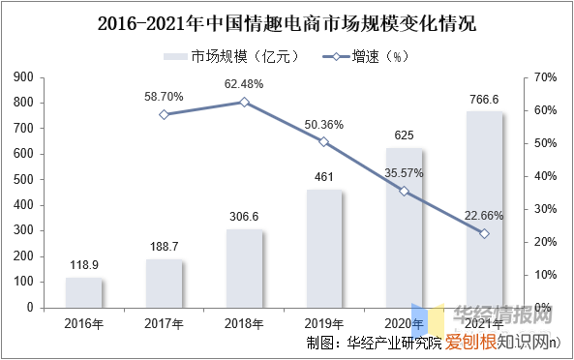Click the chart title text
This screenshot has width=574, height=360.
tap(287, 20)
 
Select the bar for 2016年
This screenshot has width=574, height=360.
tap(84, 292)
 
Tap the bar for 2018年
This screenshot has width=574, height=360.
tap(245, 268)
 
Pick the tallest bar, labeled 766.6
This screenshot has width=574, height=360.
tap(484, 209)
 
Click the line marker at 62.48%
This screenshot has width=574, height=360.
tap(245, 102)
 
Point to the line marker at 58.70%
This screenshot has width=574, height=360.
tap(165, 114)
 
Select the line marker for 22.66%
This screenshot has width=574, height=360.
tap(484, 233)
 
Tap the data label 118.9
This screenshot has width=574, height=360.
tap(84, 264)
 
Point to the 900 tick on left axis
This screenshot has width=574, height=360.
tap(22, 76)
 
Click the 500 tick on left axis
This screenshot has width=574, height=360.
tap(22, 179)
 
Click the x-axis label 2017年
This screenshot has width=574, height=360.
tap(165, 322)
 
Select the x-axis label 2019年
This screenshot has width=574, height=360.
tap(324, 322)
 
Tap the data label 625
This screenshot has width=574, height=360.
tap(405, 135)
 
